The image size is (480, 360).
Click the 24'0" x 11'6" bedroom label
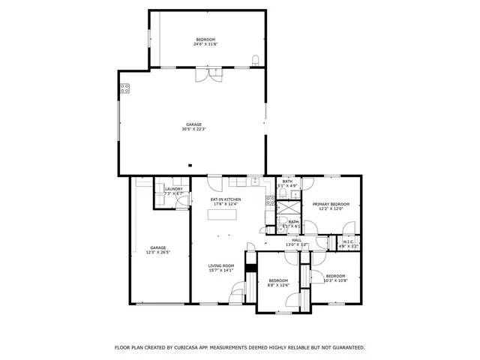tap(205, 42)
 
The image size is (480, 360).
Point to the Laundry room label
tap(174, 191)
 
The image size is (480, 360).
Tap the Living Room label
tap(221, 268)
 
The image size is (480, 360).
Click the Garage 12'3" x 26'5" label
tap(157, 250)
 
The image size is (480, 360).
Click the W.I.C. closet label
tap(349, 243)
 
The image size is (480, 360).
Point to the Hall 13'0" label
tap(296, 242)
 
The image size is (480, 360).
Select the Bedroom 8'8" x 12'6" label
tap(278, 282)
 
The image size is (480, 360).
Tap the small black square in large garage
tap(190, 165)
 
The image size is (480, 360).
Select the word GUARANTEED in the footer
tap(345, 347)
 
